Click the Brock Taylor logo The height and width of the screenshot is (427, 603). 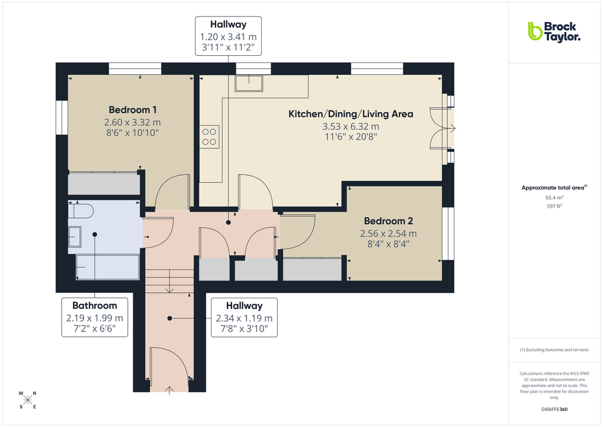[554, 31]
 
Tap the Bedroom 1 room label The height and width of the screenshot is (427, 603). [133, 110]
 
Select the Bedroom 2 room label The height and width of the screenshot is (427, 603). [388, 221]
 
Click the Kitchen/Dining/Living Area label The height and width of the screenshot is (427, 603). [351, 114]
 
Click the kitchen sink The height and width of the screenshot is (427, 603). [249, 83]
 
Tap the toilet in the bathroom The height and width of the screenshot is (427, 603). [81, 211]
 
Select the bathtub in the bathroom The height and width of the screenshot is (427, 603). [107, 267]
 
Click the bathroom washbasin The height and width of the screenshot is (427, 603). [75, 237]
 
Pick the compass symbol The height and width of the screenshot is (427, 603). [27, 399]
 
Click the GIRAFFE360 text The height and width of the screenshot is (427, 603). [555, 409]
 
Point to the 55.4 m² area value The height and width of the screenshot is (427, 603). [554, 197]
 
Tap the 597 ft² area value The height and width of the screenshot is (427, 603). [554, 206]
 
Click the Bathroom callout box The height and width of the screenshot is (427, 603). [95, 317]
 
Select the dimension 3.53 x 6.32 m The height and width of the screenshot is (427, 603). [351, 126]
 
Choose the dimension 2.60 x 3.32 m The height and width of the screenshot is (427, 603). [133, 122]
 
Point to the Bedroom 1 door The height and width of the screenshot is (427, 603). [172, 193]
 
